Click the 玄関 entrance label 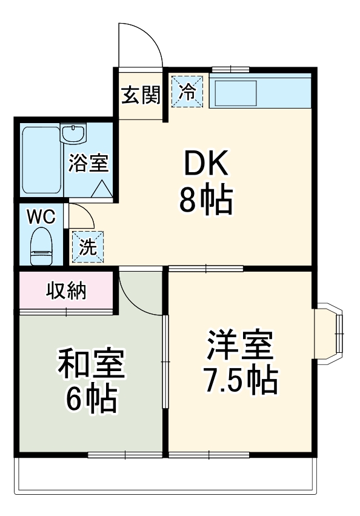coord(140,95)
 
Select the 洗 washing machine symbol coord(88,247)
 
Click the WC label coord(41,215)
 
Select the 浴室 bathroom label coord(88,163)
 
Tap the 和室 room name coord(91,363)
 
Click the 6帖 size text coord(91,399)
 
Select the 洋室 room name coord(239,345)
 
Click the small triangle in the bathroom coord(101,190)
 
